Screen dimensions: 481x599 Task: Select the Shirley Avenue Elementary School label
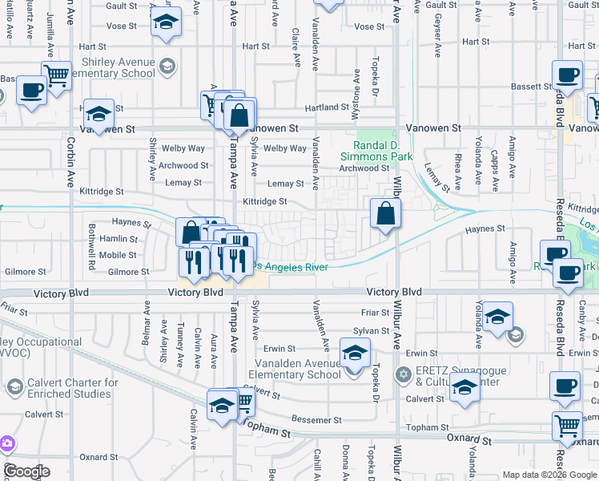pyautogui.click(x=117, y=68)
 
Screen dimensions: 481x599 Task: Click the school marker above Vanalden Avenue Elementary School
pyautogui.click(x=356, y=352)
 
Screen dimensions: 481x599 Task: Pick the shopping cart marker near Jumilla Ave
pyautogui.click(x=56, y=76)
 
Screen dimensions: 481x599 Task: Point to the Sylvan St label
pyautogui.click(x=371, y=330)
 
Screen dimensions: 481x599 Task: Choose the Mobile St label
pyautogui.click(x=119, y=255)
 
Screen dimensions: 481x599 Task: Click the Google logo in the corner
pyautogui.click(x=26, y=471)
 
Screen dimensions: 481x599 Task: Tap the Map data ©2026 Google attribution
pyautogui.click(x=549, y=474)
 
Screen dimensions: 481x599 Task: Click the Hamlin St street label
pyautogui.click(x=119, y=239)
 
